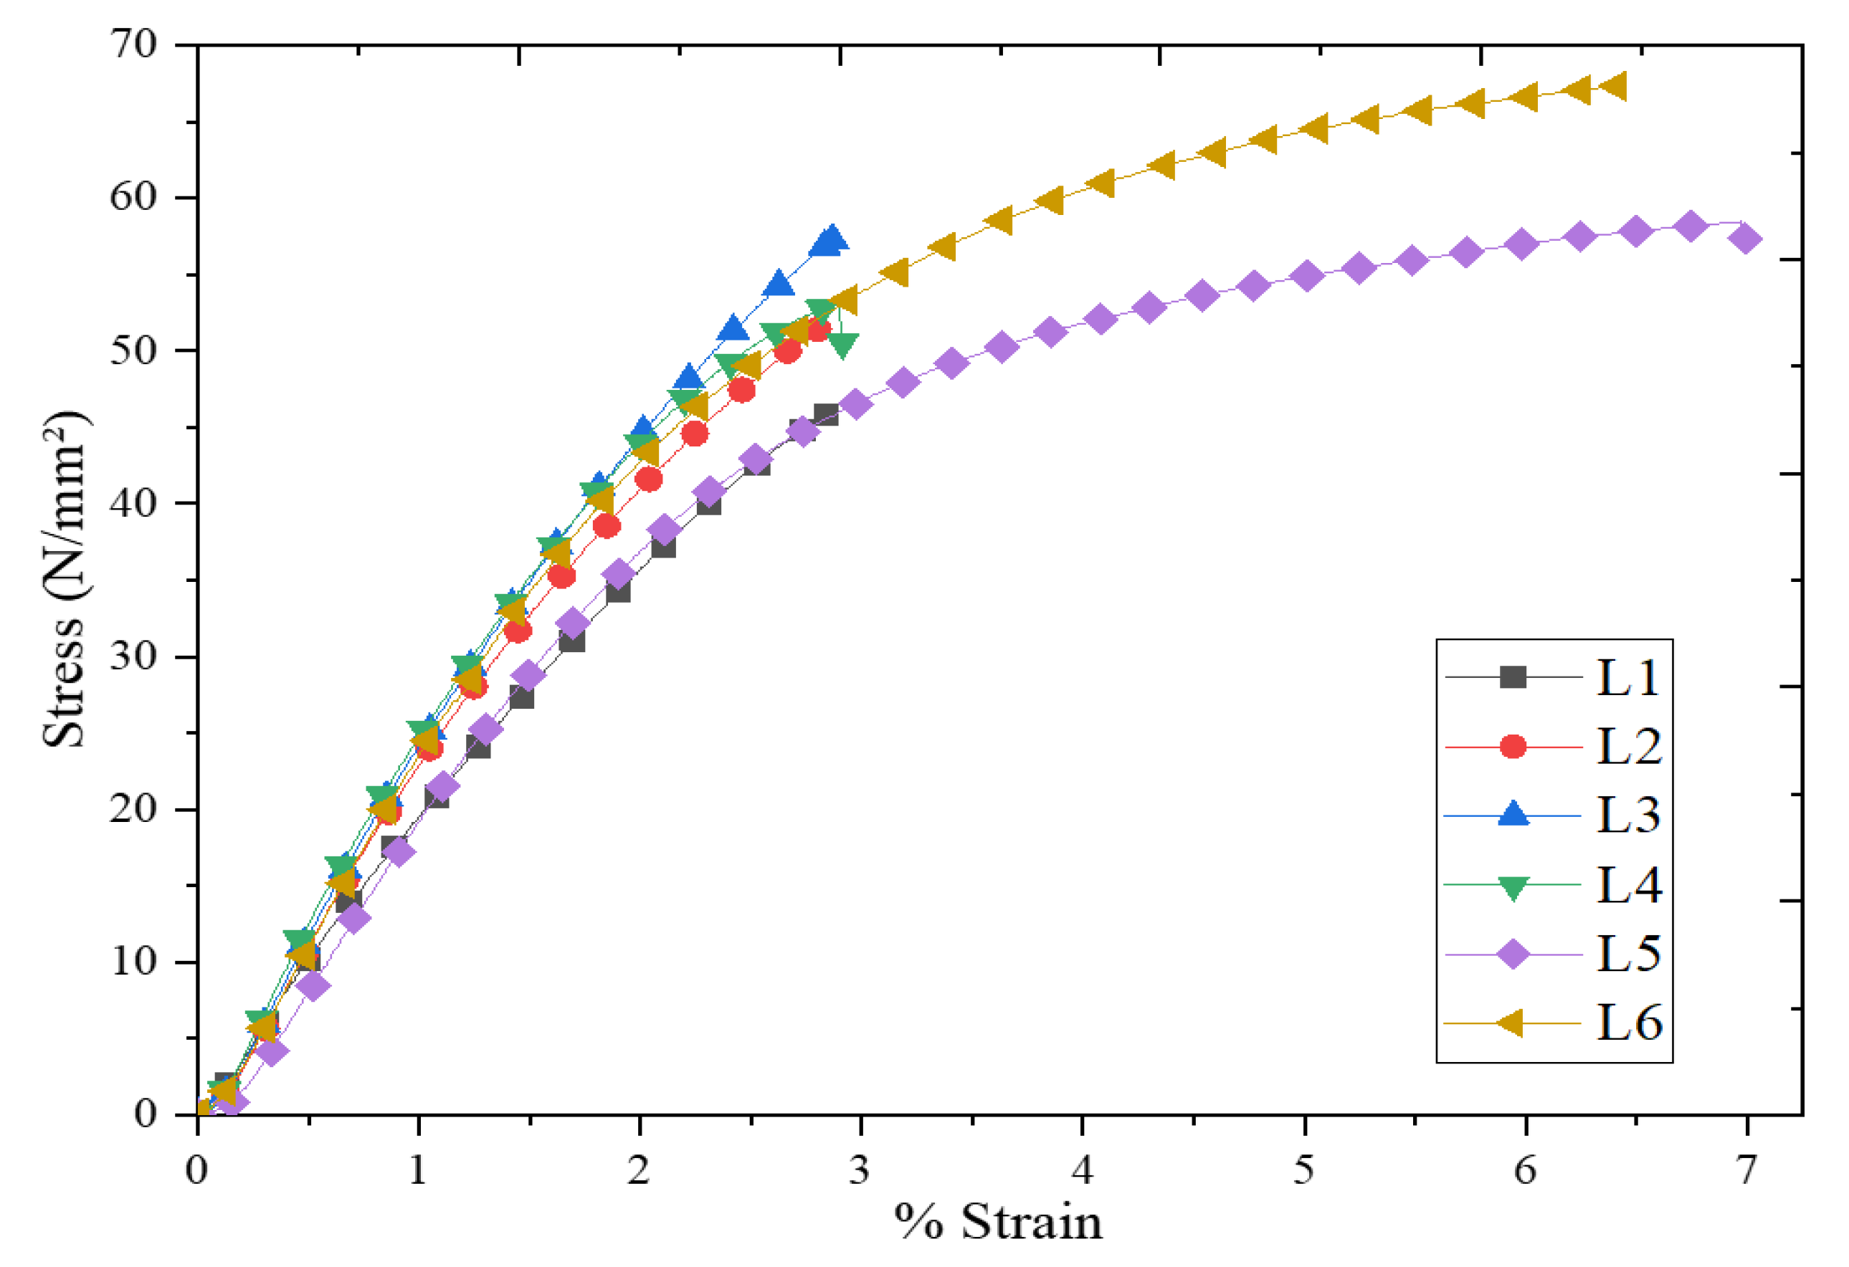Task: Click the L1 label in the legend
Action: [1627, 678]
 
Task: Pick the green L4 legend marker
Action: [1513, 886]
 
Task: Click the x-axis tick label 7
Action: [1746, 1170]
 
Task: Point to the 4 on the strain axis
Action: [1082, 1170]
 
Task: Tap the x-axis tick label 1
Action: [418, 1170]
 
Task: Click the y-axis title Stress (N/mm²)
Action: [65, 579]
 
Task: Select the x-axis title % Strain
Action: [999, 1223]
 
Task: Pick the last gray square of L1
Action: [826, 414]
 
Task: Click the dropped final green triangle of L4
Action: [842, 345]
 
